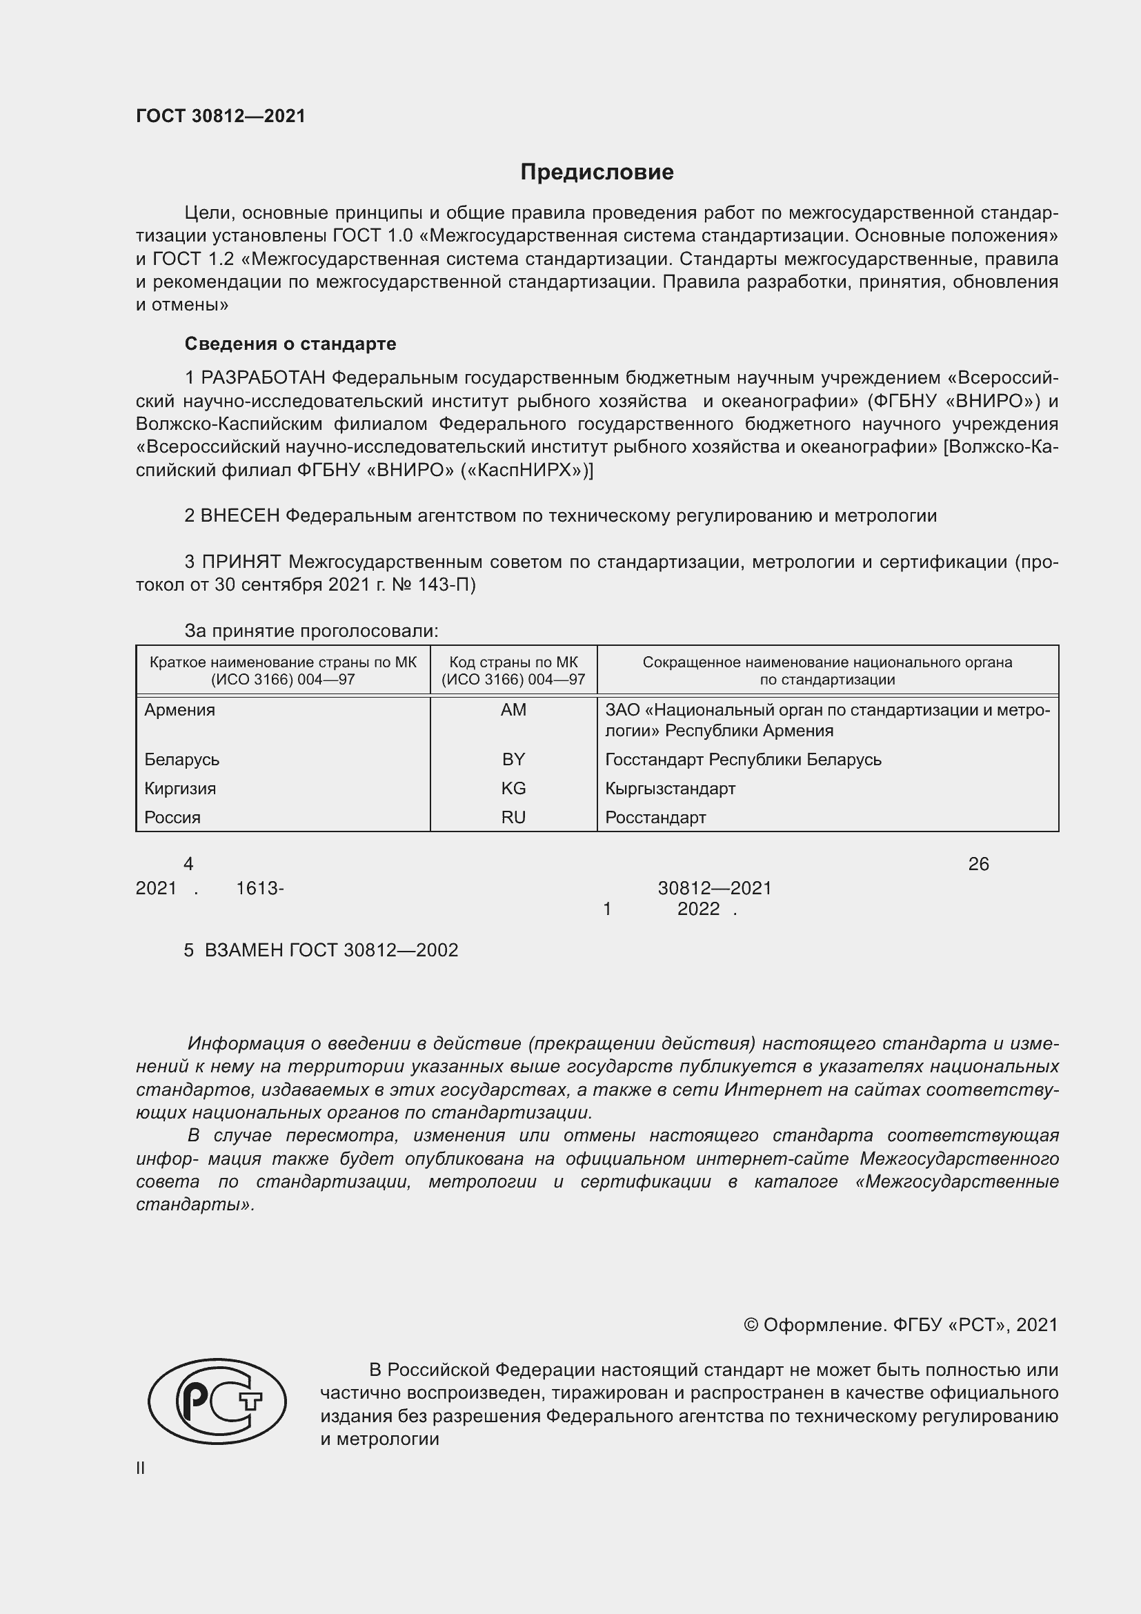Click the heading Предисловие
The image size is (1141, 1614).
click(x=597, y=173)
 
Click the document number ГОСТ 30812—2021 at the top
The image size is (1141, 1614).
click(x=221, y=116)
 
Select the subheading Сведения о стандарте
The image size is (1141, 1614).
click(x=290, y=344)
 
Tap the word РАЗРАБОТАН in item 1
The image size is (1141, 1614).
click(x=263, y=378)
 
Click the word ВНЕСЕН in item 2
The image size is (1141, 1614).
click(x=239, y=516)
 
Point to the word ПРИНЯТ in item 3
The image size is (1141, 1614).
click(x=241, y=562)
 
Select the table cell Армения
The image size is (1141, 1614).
click(x=180, y=710)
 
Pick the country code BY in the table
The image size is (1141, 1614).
click(x=514, y=759)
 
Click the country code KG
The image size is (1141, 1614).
click(x=514, y=789)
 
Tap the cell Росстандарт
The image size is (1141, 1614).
click(x=655, y=818)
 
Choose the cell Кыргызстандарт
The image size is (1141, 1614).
click(x=671, y=789)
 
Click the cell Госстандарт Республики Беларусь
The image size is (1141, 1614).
click(x=744, y=760)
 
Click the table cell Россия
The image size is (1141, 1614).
click(x=173, y=818)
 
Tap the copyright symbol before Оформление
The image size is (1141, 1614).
click(x=751, y=1325)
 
